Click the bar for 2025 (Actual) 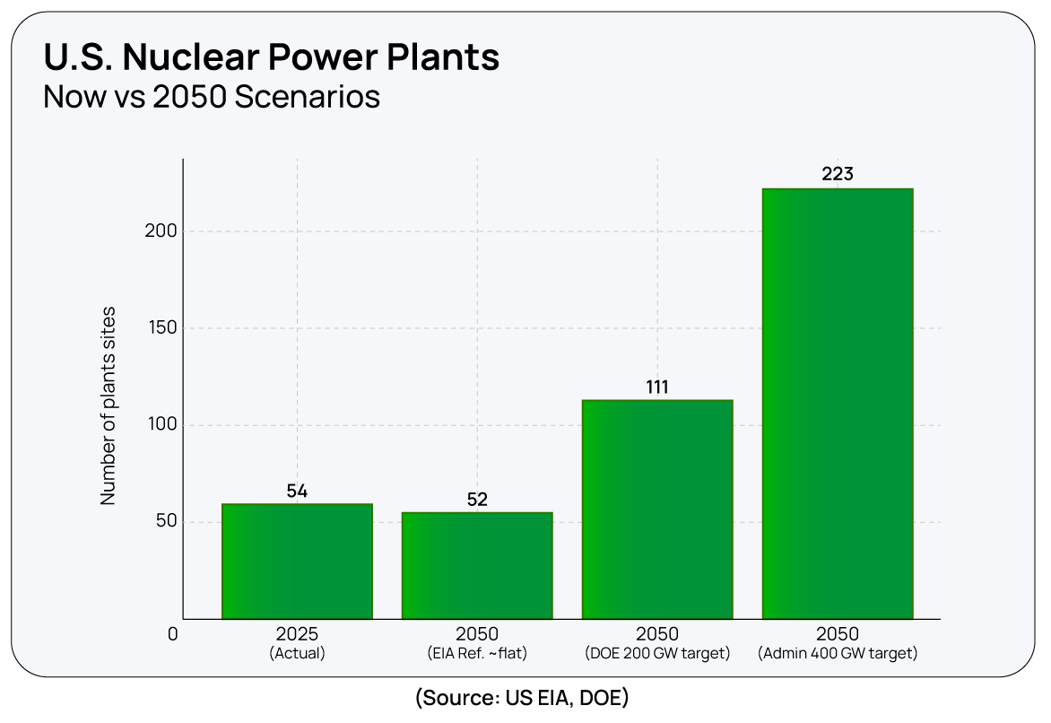click(x=297, y=562)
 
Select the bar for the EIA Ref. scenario click(x=477, y=565)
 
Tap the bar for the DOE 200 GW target click(x=657, y=510)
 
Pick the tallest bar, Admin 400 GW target click(x=838, y=404)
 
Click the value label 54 click(x=297, y=491)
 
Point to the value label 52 click(x=477, y=500)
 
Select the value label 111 click(x=657, y=388)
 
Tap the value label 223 click(x=838, y=174)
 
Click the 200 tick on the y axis click(x=161, y=231)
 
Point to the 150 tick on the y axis click(x=161, y=328)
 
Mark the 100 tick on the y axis click(x=161, y=425)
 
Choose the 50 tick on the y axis click(x=165, y=522)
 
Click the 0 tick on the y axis click(x=173, y=634)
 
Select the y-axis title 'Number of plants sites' click(x=109, y=406)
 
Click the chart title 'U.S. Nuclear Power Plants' click(x=271, y=57)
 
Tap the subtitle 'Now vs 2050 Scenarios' click(x=212, y=96)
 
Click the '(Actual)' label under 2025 click(x=297, y=654)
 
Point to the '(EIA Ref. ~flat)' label click(x=477, y=654)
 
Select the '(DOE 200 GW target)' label click(x=657, y=654)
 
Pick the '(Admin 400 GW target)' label click(x=838, y=654)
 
